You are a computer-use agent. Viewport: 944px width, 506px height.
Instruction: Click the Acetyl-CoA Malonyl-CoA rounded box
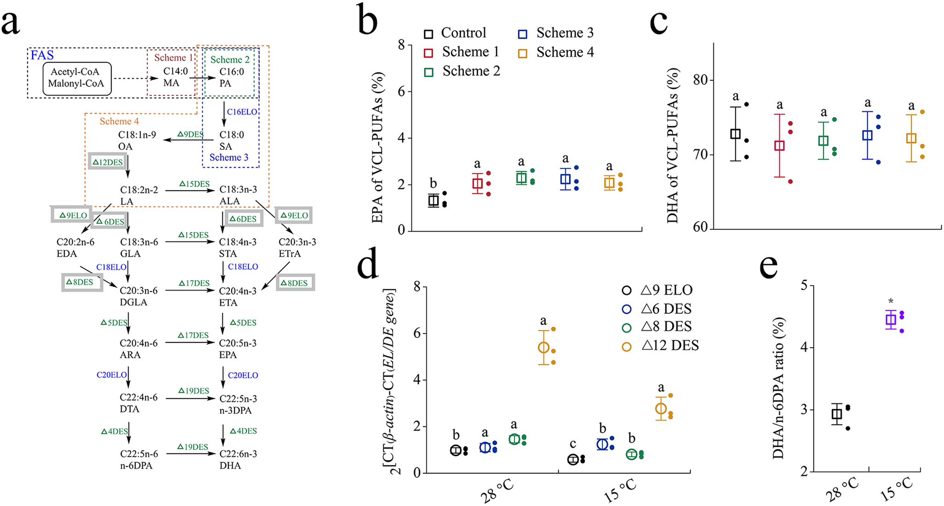(77, 78)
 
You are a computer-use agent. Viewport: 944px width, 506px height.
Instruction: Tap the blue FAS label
(42, 56)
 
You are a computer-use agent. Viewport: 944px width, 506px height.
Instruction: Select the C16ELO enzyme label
(242, 112)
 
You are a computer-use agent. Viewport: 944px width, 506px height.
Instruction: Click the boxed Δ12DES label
(107, 162)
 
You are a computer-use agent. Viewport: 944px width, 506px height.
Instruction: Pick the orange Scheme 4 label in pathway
(119, 122)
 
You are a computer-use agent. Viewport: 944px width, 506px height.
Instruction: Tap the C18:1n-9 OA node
(136, 140)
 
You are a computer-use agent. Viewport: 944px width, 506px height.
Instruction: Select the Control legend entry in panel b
(455, 33)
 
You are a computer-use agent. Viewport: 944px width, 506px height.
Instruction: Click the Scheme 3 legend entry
(556, 33)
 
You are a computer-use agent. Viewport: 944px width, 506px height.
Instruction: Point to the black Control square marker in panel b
(434, 200)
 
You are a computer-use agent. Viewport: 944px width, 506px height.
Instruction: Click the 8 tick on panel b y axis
(401, 45)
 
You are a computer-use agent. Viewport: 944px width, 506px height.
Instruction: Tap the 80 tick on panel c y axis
(700, 80)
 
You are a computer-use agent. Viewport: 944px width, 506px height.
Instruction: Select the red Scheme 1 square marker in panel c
(779, 145)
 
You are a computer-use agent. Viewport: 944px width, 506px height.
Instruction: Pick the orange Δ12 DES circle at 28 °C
(544, 347)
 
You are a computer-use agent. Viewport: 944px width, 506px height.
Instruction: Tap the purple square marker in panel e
(891, 320)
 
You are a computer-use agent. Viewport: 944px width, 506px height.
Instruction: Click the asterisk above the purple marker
(891, 302)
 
